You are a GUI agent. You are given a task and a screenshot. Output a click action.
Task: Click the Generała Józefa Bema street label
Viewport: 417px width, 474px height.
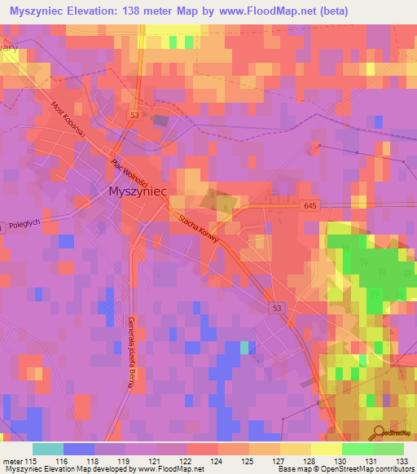click(x=129, y=353)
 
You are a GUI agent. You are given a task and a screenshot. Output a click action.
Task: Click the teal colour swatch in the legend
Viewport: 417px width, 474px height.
click(x=48, y=449)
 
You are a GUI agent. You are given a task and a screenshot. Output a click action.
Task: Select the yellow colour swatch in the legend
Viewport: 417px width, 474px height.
click(x=326, y=449)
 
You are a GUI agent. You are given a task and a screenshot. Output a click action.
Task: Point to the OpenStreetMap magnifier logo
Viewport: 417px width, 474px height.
click(x=378, y=434)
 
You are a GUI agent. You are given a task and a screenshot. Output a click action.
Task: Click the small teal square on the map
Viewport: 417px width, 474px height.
click(x=245, y=348)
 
